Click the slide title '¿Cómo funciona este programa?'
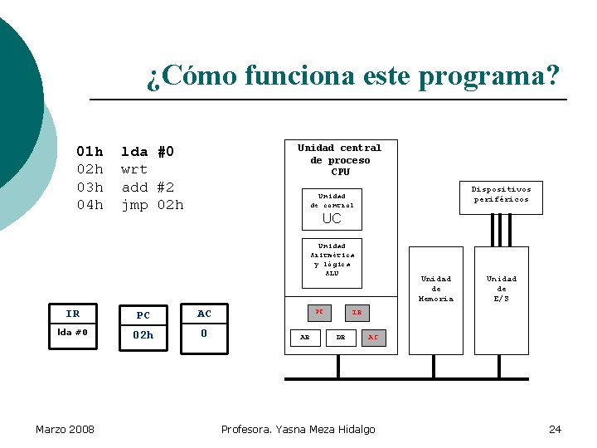tap(353, 77)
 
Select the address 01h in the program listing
tap(90, 152)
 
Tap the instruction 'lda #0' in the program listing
tap(148, 152)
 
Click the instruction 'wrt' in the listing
tap(134, 169)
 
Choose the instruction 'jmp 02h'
tap(152, 205)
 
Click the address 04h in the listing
tap(90, 205)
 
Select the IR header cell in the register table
tap(73, 314)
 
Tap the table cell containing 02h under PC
tap(143, 335)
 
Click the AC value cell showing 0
tap(204, 334)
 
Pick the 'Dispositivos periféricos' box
tap(502, 195)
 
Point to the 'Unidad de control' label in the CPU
tap(332, 201)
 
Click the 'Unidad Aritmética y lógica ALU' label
tap(332, 260)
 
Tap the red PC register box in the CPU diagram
tap(318, 312)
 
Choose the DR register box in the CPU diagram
tap(340, 337)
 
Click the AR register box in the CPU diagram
tap(305, 337)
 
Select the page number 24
tap(555, 429)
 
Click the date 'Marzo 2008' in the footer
tap(65, 429)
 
